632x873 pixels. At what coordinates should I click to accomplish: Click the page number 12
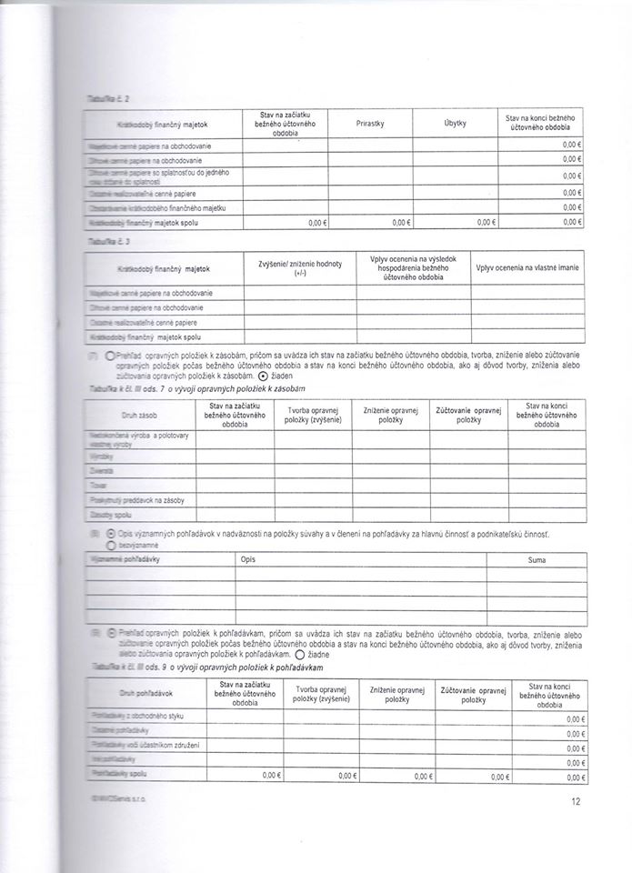pyautogui.click(x=576, y=801)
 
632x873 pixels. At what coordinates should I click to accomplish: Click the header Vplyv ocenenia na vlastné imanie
pyautogui.click(x=527, y=269)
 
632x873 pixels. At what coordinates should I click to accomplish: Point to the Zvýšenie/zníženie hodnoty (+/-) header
pyautogui.click(x=300, y=267)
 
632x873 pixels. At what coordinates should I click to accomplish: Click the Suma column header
pyautogui.click(x=537, y=560)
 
